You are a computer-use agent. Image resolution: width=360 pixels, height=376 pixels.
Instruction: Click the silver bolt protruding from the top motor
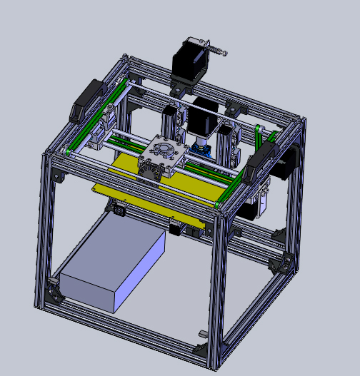(x=218, y=51)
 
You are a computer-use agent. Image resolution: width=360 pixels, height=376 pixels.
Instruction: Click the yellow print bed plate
(x=143, y=178)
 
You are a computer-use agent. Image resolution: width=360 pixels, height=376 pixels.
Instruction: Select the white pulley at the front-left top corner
(x=66, y=151)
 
